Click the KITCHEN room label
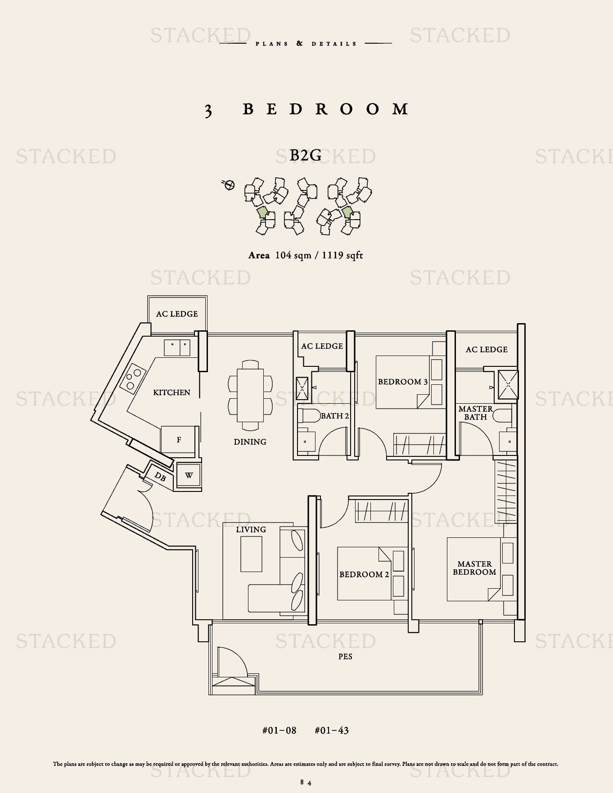point(171,392)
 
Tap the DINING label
point(250,442)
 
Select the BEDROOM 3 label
point(403,382)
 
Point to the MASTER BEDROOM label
point(474,568)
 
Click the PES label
point(345,657)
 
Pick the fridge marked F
point(179,439)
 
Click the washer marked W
point(189,475)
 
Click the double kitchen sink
point(177,348)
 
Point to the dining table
point(250,395)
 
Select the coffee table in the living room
point(251,554)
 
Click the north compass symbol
point(229,185)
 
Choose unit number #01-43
point(332,730)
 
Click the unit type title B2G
point(306,155)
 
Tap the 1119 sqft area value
point(342,256)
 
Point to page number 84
point(306,783)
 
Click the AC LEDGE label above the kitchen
point(177,314)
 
